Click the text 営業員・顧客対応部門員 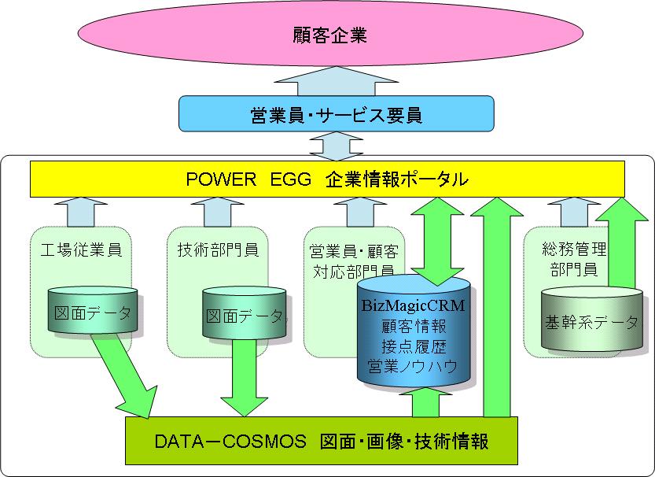[x=354, y=260]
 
